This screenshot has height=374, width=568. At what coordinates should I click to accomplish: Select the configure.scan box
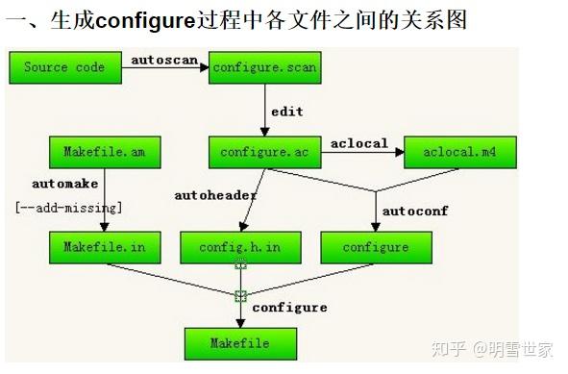point(264,68)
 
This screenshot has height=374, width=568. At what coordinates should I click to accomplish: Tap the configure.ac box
point(264,151)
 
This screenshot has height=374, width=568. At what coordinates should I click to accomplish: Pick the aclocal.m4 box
point(460,151)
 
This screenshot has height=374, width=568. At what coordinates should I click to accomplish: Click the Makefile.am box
point(105,151)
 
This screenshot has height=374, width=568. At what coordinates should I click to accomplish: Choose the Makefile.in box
point(105,247)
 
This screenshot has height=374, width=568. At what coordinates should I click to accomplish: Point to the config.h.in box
point(240,247)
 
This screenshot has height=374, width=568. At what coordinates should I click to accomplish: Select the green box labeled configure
point(376,247)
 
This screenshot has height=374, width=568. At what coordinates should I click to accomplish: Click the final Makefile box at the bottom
point(240,342)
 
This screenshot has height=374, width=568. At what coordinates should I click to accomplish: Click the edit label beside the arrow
point(286,112)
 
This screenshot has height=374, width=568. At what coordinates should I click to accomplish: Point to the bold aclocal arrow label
point(358,143)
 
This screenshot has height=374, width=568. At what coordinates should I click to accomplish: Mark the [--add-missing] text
point(68,206)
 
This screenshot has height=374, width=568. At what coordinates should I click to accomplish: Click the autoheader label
point(215,195)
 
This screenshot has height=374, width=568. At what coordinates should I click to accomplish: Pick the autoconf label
point(415,210)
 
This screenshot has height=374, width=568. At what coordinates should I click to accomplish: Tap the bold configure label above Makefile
point(289,307)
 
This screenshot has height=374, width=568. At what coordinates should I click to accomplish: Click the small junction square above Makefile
point(240,295)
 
